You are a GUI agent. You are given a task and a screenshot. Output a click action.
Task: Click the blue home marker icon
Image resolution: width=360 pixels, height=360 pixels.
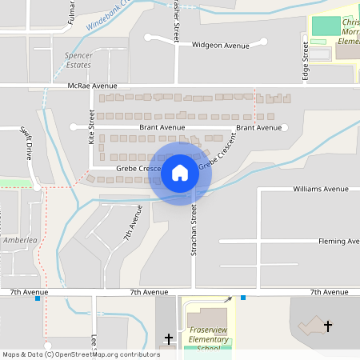point(180,173)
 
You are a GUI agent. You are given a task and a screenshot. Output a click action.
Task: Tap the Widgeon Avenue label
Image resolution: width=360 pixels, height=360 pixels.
point(220,46)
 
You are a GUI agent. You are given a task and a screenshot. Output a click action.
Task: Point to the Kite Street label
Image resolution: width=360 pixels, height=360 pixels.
point(92,127)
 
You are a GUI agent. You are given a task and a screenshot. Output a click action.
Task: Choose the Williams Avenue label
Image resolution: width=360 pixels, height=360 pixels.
point(321,189)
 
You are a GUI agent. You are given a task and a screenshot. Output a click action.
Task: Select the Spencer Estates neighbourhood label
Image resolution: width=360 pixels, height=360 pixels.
point(78,60)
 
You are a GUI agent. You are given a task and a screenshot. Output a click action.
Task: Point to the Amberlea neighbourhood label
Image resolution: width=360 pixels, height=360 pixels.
point(21,240)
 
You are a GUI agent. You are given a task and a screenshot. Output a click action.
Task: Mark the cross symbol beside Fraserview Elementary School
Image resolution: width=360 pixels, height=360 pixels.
point(168,340)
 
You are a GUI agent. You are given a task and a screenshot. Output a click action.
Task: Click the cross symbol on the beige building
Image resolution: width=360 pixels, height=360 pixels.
point(328,326)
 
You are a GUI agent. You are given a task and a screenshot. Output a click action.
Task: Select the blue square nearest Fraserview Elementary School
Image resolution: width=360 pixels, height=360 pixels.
point(243,298)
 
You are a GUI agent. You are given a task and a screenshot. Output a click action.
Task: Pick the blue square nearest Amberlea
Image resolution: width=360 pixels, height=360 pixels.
point(38,298)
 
